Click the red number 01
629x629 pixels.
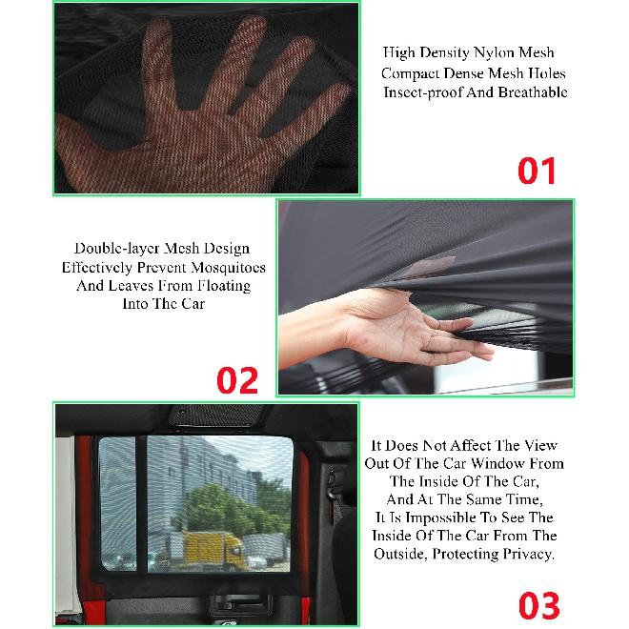[x=537, y=172]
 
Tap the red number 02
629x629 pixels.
[x=237, y=380]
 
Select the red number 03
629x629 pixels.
[x=539, y=605]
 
